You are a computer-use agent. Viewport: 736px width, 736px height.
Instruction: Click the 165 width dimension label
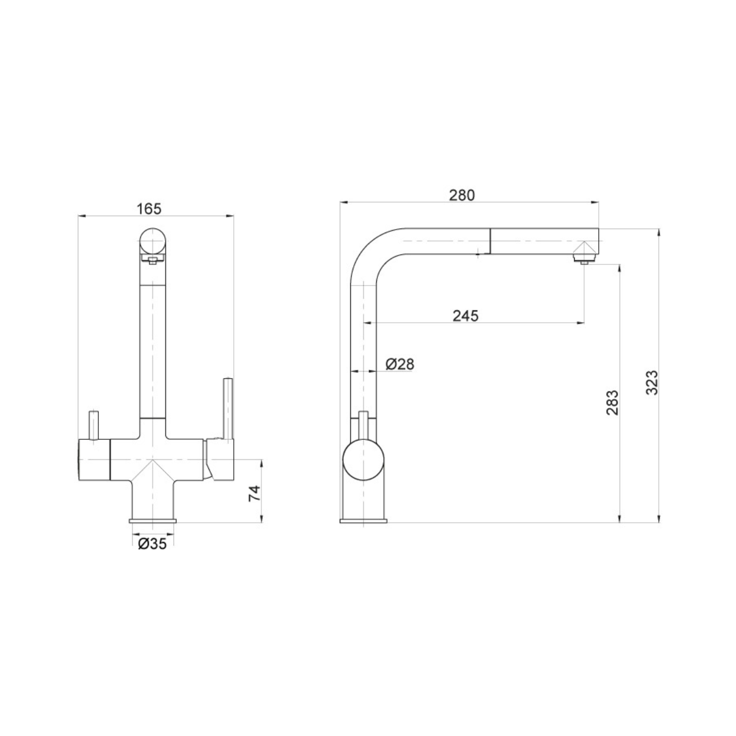click(x=149, y=209)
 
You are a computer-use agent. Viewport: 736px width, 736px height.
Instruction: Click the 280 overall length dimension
click(x=462, y=195)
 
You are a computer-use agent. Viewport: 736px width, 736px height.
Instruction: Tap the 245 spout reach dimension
click(x=465, y=316)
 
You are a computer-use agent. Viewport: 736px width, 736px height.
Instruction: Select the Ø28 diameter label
click(x=400, y=364)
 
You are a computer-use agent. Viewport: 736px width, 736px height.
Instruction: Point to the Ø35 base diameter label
click(x=152, y=544)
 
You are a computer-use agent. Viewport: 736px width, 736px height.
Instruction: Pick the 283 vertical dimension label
click(x=612, y=403)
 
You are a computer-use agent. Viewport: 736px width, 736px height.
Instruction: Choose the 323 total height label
click(x=652, y=382)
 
